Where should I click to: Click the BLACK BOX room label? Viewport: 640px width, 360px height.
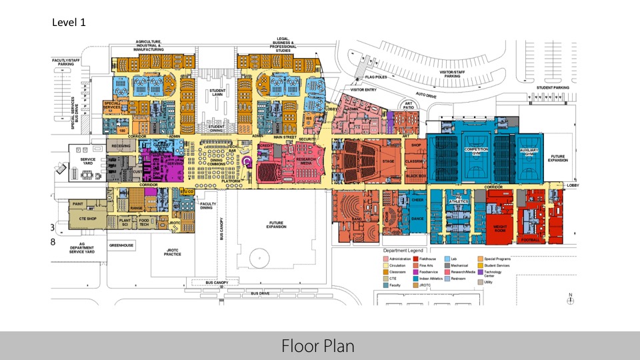tap(415, 176)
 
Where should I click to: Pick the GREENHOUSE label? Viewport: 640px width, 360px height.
tap(121, 245)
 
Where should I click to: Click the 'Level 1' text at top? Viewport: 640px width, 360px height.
tap(69, 22)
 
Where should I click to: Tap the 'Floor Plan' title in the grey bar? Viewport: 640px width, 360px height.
tap(319, 346)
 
